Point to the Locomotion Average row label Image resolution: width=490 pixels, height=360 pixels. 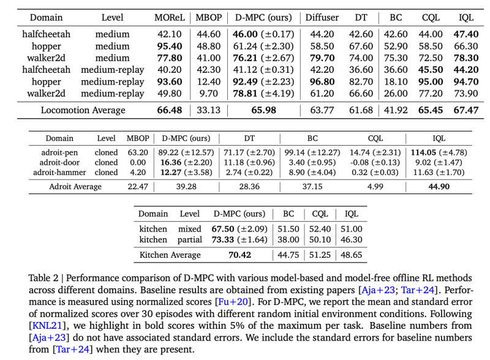tap(83, 110)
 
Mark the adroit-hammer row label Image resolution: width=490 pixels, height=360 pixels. tap(59, 172)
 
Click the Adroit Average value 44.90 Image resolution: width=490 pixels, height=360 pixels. tap(420, 187)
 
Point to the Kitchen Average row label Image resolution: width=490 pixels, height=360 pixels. tap(170, 255)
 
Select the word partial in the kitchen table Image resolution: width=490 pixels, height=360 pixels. tap(190, 239)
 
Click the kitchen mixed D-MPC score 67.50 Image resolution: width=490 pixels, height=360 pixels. tap(224, 229)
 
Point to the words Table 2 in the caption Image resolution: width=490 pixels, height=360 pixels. tap(45, 277)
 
